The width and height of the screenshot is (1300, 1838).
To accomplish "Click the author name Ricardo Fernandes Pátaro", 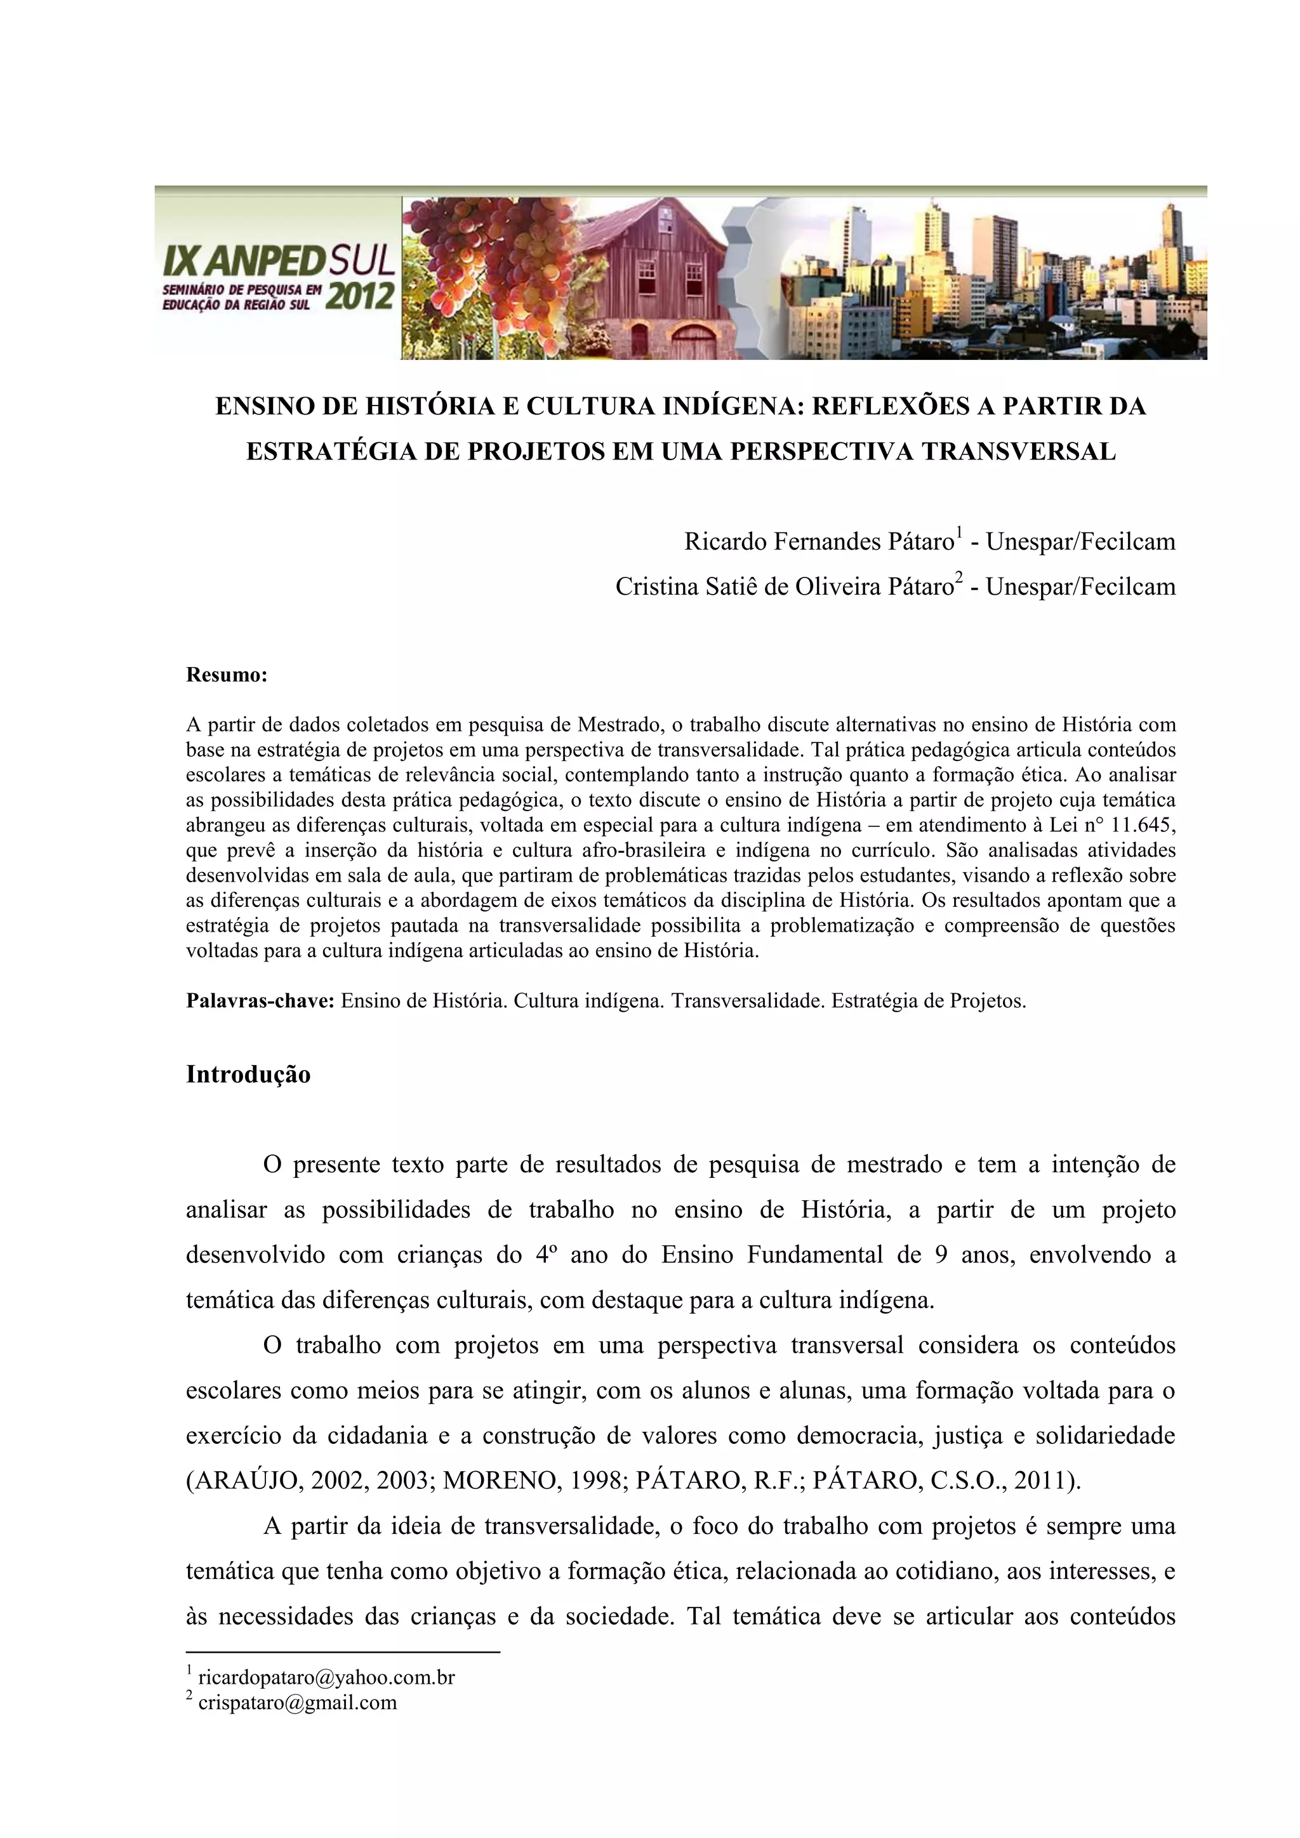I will pyautogui.click(x=818, y=543).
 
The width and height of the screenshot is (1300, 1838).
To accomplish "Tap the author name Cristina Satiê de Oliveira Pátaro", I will pyautogui.click(x=784, y=588).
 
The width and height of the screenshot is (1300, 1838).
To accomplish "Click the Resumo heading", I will pyautogui.click(x=227, y=675).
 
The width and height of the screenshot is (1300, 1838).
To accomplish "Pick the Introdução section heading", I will pyautogui.click(x=248, y=1074).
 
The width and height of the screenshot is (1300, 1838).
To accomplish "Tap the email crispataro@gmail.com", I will pyautogui.click(x=297, y=1702).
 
